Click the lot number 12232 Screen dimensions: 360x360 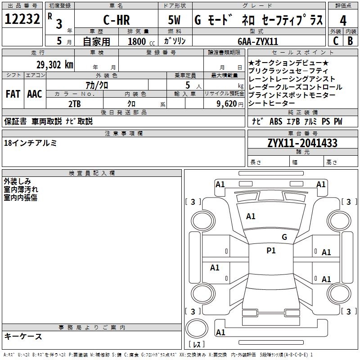point(22,20)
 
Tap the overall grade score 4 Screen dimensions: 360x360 point(343,21)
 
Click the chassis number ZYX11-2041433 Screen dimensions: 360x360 point(302,144)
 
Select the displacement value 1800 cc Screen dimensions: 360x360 point(139,41)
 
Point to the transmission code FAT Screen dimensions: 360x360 point(13,94)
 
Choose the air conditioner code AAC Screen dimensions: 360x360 point(34,94)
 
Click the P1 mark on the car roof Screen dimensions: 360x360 point(271,251)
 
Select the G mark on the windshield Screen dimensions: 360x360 point(284,237)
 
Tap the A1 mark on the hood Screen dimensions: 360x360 point(251,216)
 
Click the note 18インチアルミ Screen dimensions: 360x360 point(30,143)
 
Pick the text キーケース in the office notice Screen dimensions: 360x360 point(23,337)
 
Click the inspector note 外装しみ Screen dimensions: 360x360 point(18,181)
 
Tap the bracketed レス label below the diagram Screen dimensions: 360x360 point(197,345)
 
